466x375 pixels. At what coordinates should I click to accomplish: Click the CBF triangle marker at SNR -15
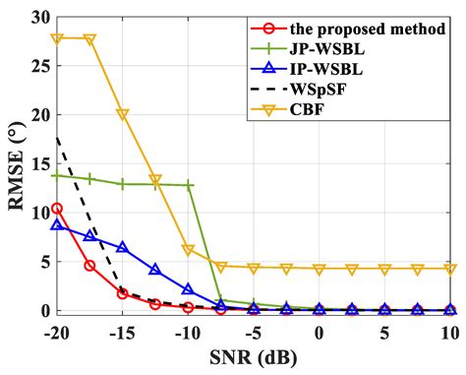point(122,114)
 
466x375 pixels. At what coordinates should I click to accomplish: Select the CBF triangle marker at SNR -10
point(188,250)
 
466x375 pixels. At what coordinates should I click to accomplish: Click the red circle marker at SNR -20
point(57,209)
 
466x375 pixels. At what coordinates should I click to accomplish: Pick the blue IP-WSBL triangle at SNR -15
point(122,247)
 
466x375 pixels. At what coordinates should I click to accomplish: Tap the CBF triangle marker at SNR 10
point(449,269)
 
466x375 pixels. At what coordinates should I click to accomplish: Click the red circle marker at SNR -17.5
point(89,266)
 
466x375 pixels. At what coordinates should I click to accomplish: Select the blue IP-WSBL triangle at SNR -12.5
point(155,269)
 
